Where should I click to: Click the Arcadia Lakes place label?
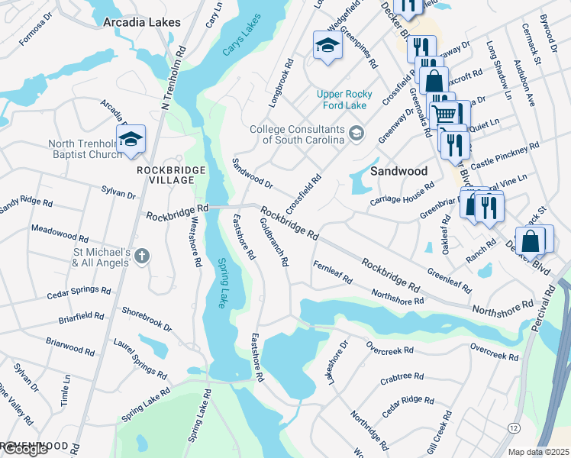(x=142, y=22)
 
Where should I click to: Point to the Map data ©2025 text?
(x=538, y=452)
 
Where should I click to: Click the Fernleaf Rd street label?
(x=332, y=272)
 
